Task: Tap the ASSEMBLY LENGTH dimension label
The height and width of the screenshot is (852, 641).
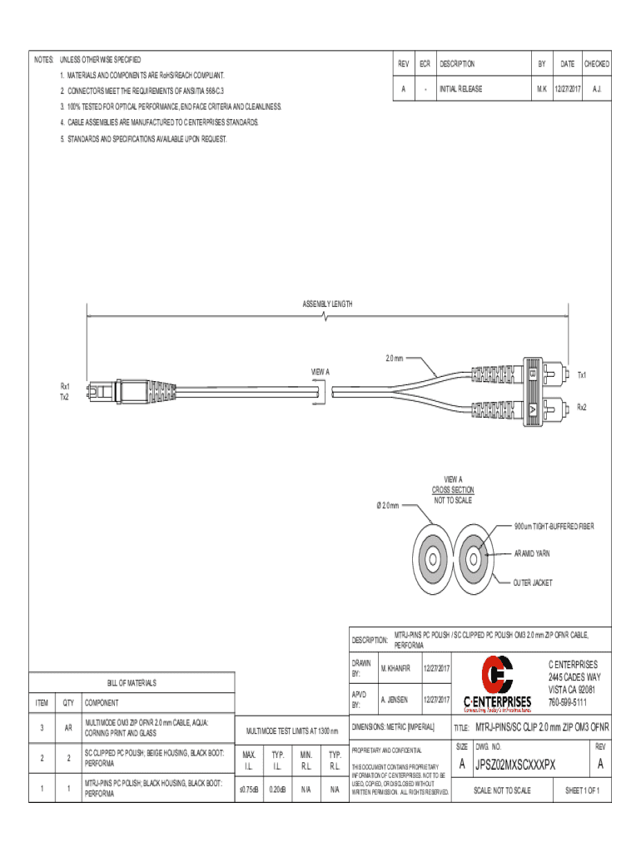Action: [x=327, y=305]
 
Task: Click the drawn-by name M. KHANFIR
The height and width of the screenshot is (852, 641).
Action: [x=396, y=668]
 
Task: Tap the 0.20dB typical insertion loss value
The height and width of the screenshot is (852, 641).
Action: [x=276, y=790]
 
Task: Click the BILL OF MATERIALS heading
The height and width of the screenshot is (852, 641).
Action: [x=132, y=683]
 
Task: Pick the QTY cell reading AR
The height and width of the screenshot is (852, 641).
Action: [x=68, y=728]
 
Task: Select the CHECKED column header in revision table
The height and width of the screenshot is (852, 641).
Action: [x=596, y=64]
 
